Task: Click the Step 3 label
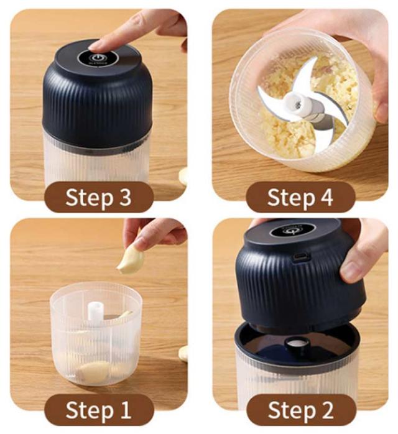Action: click(x=98, y=197)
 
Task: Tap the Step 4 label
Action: click(x=300, y=197)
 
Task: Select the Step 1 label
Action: click(x=98, y=410)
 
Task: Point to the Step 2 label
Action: click(x=301, y=410)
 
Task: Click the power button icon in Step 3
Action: click(x=96, y=58)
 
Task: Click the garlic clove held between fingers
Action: click(x=131, y=261)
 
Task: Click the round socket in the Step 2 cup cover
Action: click(x=297, y=344)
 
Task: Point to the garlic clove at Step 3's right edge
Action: click(x=183, y=176)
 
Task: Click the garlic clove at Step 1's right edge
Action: click(x=183, y=353)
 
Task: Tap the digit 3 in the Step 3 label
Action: click(x=126, y=197)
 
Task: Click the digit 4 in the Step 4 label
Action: click(x=327, y=197)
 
